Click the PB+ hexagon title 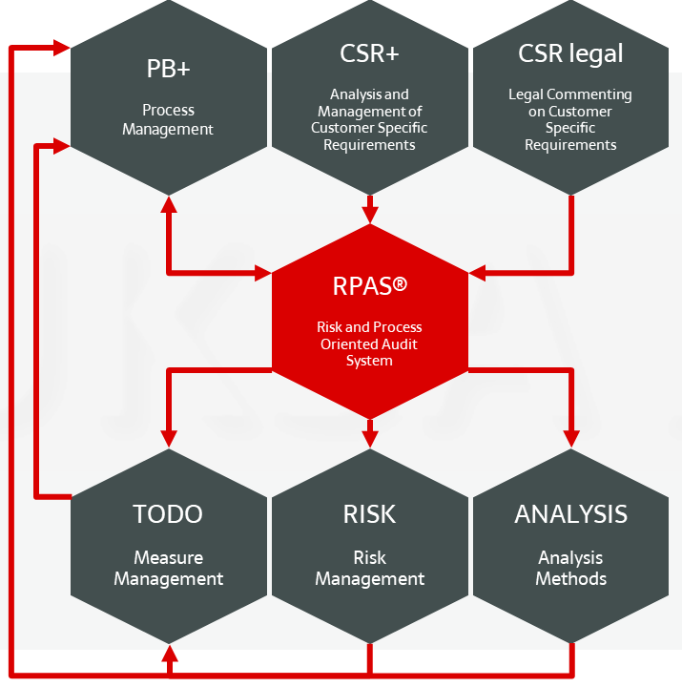(x=169, y=70)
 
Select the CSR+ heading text (x=369, y=53)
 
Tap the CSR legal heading (x=570, y=53)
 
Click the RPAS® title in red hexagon (x=370, y=285)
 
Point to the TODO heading (x=168, y=514)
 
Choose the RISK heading (x=369, y=514)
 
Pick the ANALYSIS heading (x=570, y=514)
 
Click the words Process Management (x=169, y=119)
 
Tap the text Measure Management (x=169, y=568)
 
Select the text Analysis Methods (x=570, y=568)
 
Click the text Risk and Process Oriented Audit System (x=370, y=343)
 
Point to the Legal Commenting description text (x=570, y=119)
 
